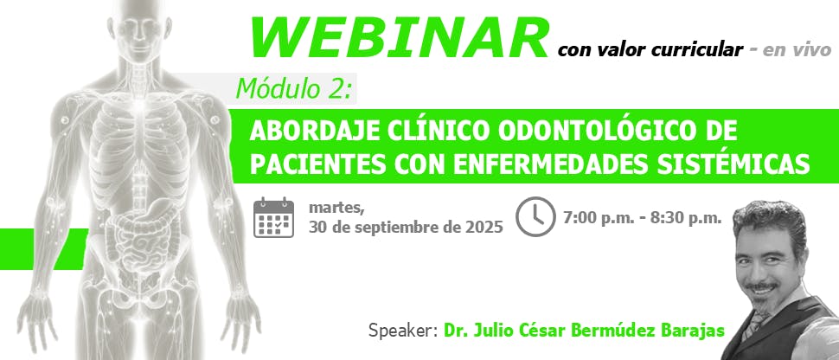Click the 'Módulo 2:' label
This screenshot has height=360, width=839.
[294, 89]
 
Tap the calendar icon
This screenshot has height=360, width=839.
[273, 217]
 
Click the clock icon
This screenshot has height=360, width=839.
[535, 216]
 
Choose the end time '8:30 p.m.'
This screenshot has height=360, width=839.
[689, 217]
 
